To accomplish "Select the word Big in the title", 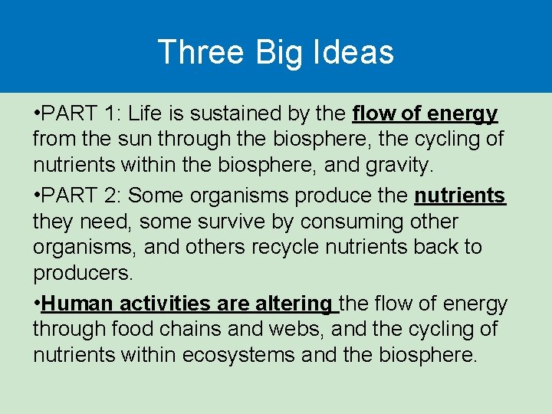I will [x=278, y=52].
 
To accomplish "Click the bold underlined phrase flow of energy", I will [x=425, y=114].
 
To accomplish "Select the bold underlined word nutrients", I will [x=459, y=195].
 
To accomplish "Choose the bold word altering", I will [x=295, y=304].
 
